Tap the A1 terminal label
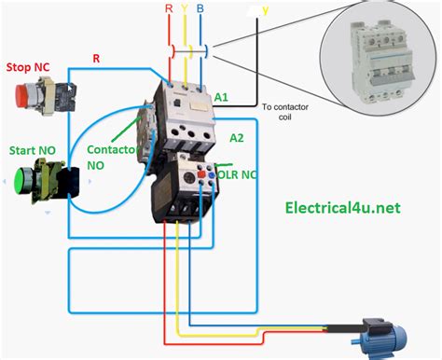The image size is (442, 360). [222, 97]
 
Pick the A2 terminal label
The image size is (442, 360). [238, 138]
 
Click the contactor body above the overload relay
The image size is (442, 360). [183, 117]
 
